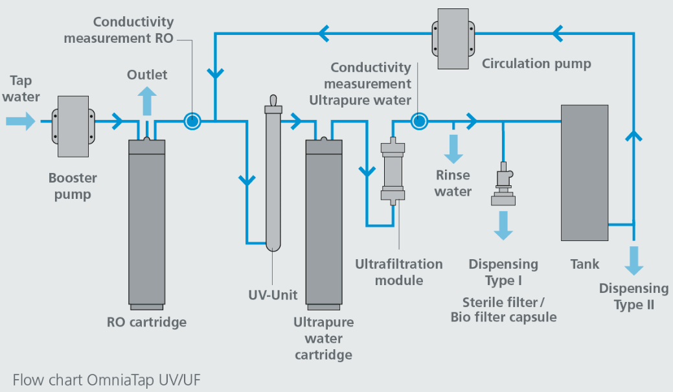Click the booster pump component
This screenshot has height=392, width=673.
[73, 126]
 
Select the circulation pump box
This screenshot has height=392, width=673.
[453, 39]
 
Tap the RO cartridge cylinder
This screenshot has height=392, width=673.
[147, 224]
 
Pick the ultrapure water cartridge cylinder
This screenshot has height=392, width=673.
[324, 224]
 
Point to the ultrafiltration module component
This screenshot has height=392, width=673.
[393, 171]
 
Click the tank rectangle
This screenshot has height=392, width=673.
[584, 172]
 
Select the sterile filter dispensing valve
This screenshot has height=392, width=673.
[503, 184]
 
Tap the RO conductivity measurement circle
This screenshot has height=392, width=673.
[192, 121]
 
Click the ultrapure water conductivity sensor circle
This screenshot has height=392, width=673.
[419, 121]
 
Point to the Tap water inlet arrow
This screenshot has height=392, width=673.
[21, 121]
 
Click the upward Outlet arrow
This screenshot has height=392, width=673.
[147, 101]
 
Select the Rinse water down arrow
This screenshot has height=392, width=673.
[453, 148]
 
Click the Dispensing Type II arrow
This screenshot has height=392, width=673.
[634, 260]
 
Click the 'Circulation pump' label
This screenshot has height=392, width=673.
[536, 63]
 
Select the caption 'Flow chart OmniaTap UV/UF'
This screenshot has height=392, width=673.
[106, 380]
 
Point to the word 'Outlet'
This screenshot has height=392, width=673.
[147, 75]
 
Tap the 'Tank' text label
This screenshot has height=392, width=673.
[584, 264]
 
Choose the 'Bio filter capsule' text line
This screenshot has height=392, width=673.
[503, 317]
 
